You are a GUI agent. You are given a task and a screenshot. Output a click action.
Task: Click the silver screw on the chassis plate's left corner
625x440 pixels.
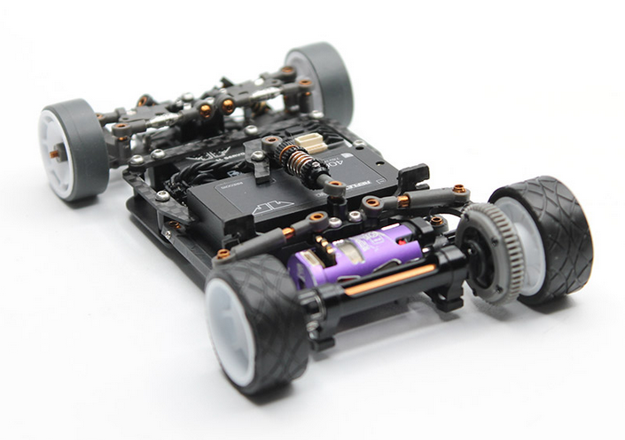162,195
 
